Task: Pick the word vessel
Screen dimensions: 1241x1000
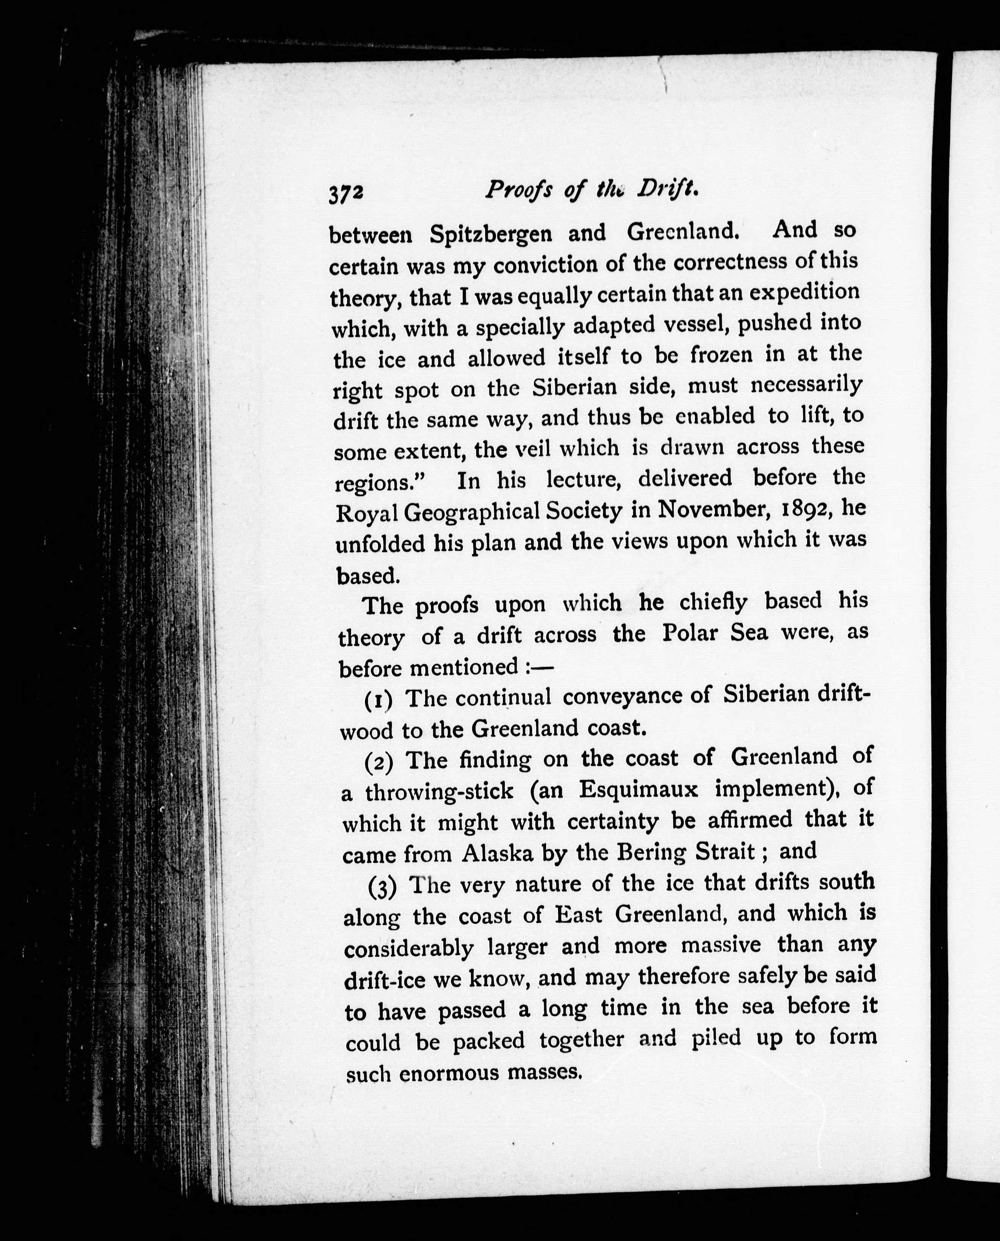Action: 695,325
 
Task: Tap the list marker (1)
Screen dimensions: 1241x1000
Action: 379,700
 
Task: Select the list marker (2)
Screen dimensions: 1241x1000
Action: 379,762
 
